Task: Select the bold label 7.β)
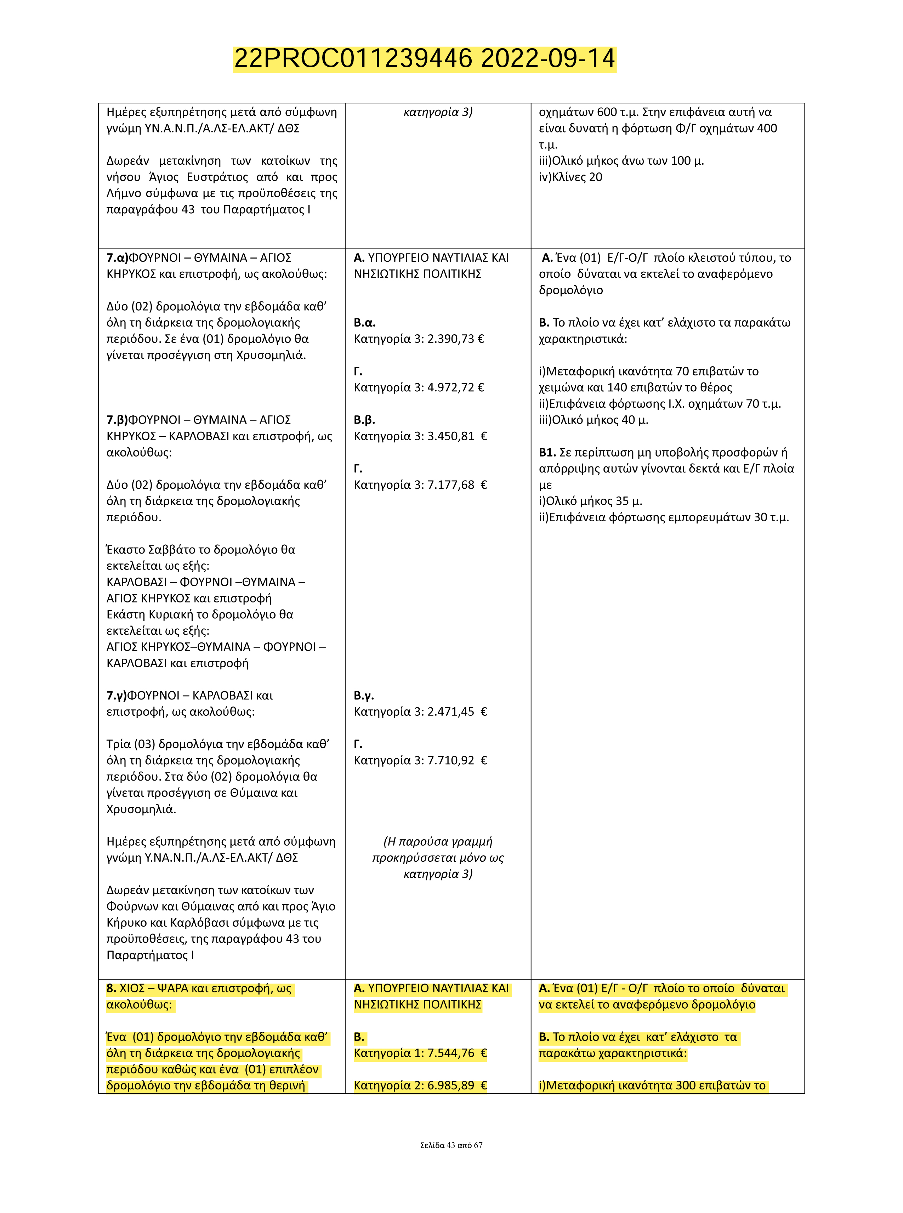(x=117, y=420)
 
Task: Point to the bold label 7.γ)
(x=117, y=696)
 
